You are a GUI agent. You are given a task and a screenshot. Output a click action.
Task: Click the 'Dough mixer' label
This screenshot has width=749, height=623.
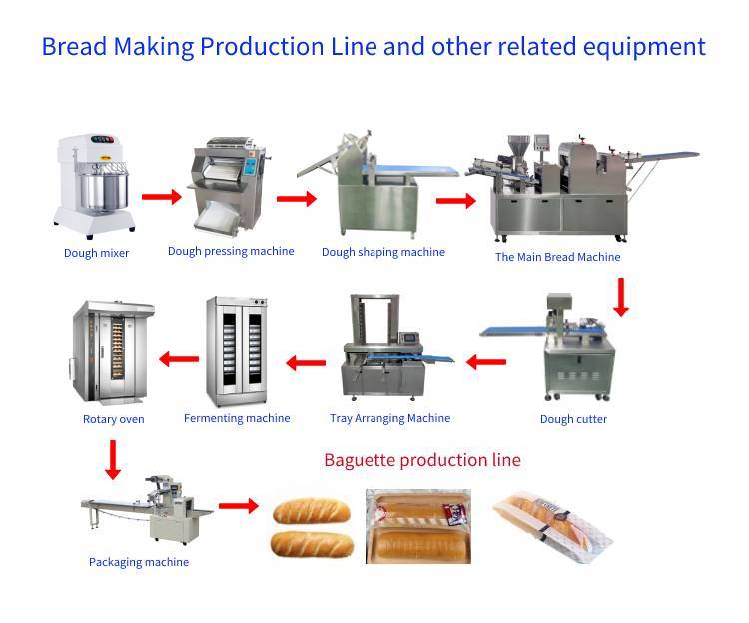(x=96, y=253)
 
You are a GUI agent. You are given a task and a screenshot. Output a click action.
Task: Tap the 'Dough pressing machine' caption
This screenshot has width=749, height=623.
(x=231, y=251)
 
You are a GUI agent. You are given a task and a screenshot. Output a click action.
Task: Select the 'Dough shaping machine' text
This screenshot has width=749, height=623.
(x=382, y=252)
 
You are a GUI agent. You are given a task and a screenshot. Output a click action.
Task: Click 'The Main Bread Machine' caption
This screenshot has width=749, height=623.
(x=557, y=257)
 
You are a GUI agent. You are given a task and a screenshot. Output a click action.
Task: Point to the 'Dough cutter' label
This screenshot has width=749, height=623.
(x=573, y=419)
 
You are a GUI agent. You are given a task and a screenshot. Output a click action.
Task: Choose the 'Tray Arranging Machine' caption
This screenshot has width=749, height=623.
(x=389, y=418)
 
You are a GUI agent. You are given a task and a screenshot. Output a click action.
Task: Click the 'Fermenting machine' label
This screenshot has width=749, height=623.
(x=237, y=418)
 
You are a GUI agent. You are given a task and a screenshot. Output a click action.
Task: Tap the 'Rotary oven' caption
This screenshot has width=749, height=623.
(x=113, y=419)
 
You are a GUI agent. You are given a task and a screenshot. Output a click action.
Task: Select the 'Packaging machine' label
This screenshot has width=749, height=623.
(x=138, y=562)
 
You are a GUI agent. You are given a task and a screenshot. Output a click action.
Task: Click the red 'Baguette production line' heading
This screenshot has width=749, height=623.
(x=421, y=460)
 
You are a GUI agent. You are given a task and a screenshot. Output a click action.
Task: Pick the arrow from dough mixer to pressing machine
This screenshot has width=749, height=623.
(x=161, y=196)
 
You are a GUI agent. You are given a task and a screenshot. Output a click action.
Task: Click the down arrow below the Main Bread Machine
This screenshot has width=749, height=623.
(x=620, y=299)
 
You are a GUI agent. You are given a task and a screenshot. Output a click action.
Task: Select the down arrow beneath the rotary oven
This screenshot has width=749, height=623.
(x=113, y=459)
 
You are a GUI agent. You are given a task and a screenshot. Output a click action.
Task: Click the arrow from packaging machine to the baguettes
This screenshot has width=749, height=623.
(x=239, y=506)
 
